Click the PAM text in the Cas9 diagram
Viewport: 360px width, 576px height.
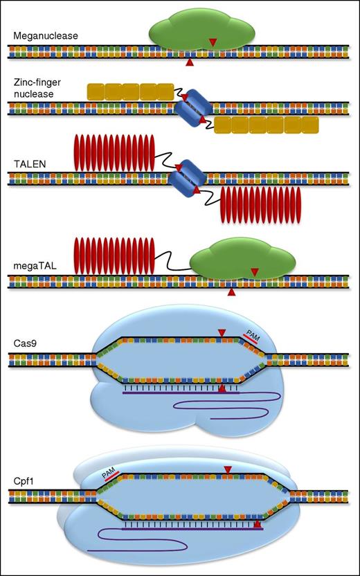tap(253, 336)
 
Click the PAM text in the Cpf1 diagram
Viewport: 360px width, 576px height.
tap(109, 473)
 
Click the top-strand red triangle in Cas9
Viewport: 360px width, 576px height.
tap(221, 334)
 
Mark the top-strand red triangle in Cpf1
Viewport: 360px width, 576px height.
tap(228, 471)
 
